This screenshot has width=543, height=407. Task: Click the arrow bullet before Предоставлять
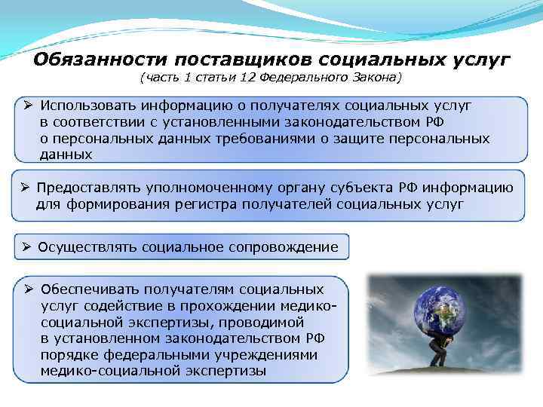coord(25,188)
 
